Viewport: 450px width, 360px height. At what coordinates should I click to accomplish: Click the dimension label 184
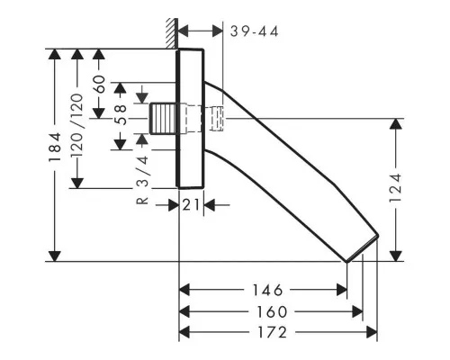pyautogui.click(x=55, y=147)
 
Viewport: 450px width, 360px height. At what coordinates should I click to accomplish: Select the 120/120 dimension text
pyautogui.click(x=76, y=125)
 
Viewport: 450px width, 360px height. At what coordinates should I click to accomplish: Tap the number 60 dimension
pyautogui.click(x=100, y=84)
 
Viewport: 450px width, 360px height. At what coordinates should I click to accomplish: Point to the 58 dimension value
pyautogui.click(x=121, y=114)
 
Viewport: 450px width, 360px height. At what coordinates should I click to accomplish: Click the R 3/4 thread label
pyautogui.click(x=142, y=180)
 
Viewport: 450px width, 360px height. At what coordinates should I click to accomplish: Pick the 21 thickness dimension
pyautogui.click(x=191, y=205)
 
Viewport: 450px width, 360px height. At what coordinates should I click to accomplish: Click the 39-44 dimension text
pyautogui.click(x=255, y=31)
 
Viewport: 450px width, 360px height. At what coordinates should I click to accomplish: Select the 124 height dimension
pyautogui.click(x=395, y=188)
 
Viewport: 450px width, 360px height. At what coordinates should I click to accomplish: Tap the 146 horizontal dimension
pyautogui.click(x=267, y=290)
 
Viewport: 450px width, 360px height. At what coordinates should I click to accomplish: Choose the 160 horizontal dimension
pyautogui.click(x=272, y=312)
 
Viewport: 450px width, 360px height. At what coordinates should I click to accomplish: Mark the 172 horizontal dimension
pyautogui.click(x=273, y=332)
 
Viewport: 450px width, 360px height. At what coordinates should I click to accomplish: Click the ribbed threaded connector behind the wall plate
pyautogui.click(x=162, y=118)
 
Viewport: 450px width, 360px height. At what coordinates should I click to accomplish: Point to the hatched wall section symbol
pyautogui.click(x=172, y=33)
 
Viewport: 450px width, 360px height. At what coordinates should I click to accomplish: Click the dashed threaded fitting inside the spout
pyautogui.click(x=217, y=118)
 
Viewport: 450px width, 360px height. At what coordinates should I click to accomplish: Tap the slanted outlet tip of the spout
pyautogui.click(x=363, y=248)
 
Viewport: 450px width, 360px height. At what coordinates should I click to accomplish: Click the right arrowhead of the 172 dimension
pyautogui.click(x=372, y=332)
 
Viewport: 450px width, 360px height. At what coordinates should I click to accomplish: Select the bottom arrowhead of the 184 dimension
pyautogui.click(x=55, y=256)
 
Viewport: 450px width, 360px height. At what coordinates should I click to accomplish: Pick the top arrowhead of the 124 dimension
pyautogui.click(x=396, y=124)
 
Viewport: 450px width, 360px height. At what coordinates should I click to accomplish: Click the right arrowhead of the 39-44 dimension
pyautogui.click(x=217, y=31)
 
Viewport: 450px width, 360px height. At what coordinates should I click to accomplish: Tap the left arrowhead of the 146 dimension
pyautogui.click(x=184, y=290)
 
